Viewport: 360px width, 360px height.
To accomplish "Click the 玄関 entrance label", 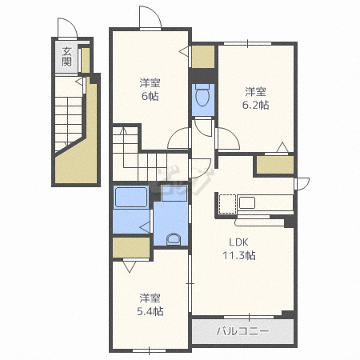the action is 66,57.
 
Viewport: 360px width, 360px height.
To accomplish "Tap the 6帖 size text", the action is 150,96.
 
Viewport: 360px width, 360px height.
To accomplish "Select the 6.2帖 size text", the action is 255,105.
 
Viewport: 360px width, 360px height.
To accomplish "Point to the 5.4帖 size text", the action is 150,311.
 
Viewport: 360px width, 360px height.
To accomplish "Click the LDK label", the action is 239,242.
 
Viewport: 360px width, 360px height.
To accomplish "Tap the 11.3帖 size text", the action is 239,255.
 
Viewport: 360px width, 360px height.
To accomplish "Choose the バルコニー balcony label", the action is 242,331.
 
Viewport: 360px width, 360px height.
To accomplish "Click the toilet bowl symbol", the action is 203,95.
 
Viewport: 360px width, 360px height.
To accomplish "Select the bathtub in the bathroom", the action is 131,197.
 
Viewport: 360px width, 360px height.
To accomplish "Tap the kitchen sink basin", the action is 247,203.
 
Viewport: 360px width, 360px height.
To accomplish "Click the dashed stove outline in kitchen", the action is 227,204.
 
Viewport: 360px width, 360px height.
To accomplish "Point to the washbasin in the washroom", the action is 174,239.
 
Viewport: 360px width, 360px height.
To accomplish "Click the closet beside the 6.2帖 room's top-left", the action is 203,57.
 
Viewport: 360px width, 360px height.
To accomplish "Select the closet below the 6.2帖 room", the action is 275,165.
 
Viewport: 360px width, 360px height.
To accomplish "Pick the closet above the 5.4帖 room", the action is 131,247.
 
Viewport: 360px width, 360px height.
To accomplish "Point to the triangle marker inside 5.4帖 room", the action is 130,266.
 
